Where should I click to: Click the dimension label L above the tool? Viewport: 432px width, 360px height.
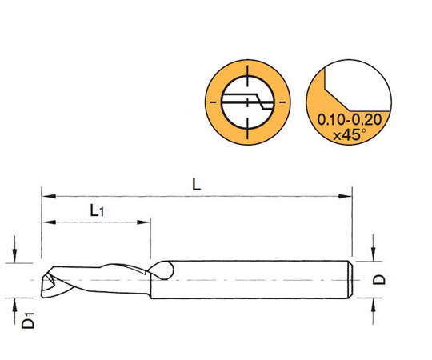click(x=197, y=184)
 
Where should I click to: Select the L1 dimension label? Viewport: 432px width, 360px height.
click(x=97, y=210)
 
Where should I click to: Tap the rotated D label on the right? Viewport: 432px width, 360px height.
click(x=379, y=279)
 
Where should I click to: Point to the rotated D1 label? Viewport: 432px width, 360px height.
click(x=28, y=320)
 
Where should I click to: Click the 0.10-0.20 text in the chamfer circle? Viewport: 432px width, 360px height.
click(x=350, y=119)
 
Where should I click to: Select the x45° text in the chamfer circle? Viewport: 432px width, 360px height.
click(x=350, y=134)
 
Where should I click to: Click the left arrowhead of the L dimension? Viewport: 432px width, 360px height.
click(x=50, y=196)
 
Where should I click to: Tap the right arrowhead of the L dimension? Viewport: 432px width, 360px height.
click(x=346, y=196)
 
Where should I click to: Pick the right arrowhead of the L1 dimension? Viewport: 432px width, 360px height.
click(x=143, y=222)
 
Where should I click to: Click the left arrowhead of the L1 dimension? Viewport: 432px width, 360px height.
click(x=50, y=222)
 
